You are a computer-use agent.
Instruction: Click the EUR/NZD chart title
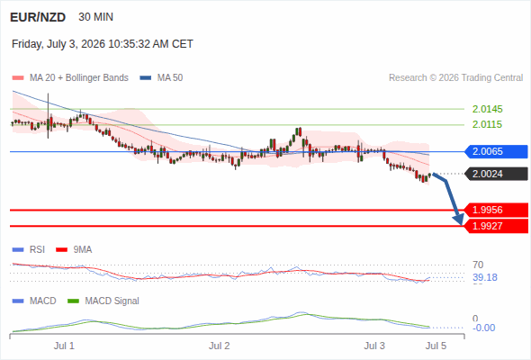(x=38, y=17)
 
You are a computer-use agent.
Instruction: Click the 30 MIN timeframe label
(x=95, y=17)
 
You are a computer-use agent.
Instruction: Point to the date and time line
(x=103, y=44)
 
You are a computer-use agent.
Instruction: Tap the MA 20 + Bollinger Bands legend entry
(x=70, y=78)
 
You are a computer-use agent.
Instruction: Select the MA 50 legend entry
(x=161, y=78)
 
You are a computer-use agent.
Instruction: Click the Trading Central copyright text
(x=455, y=78)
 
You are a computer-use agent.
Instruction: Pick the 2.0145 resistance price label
(x=487, y=109)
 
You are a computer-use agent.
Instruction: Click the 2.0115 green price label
(x=487, y=124)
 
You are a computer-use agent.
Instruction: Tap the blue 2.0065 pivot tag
(x=496, y=151)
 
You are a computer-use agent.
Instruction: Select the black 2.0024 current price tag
(x=496, y=174)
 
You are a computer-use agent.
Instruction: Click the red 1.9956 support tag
(x=496, y=210)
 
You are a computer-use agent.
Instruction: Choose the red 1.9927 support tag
(x=496, y=226)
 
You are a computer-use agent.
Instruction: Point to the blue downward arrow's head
(x=459, y=220)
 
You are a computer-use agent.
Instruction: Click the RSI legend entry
(x=29, y=249)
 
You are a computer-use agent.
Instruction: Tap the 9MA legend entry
(x=74, y=249)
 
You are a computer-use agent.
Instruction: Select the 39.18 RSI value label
(x=485, y=277)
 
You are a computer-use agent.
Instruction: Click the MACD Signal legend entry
(x=103, y=301)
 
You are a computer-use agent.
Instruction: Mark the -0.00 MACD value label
(x=484, y=328)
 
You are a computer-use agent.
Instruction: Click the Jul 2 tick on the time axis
(x=219, y=346)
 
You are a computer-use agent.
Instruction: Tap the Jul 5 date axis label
(x=436, y=346)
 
